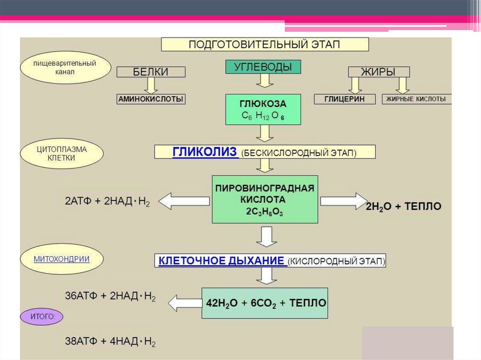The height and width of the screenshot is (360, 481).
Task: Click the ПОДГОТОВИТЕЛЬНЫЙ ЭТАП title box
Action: click(x=265, y=44)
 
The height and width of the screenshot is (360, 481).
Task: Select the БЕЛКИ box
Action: click(x=151, y=72)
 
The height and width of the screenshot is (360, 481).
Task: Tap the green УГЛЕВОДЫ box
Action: click(x=264, y=67)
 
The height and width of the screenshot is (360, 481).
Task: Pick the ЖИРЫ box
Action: click(x=379, y=72)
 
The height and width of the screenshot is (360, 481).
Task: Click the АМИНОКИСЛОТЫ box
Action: click(x=151, y=99)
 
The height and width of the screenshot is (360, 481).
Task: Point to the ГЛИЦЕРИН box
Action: click(x=339, y=99)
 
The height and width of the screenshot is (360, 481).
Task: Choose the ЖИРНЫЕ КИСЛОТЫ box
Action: click(x=417, y=99)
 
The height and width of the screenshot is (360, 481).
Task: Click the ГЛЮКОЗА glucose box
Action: click(x=263, y=109)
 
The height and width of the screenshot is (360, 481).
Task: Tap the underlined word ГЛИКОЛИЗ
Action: click(x=205, y=152)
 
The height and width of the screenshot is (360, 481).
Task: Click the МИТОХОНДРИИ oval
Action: click(x=55, y=259)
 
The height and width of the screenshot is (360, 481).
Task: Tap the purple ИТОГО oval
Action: click(x=41, y=317)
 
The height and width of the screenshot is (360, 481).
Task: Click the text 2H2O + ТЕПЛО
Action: click(x=403, y=207)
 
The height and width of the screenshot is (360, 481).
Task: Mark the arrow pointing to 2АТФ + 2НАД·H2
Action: click(x=184, y=201)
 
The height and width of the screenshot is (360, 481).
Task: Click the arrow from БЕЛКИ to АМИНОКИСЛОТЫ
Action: click(x=151, y=85)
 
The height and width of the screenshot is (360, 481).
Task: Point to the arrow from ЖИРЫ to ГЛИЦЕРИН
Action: click(x=355, y=85)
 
